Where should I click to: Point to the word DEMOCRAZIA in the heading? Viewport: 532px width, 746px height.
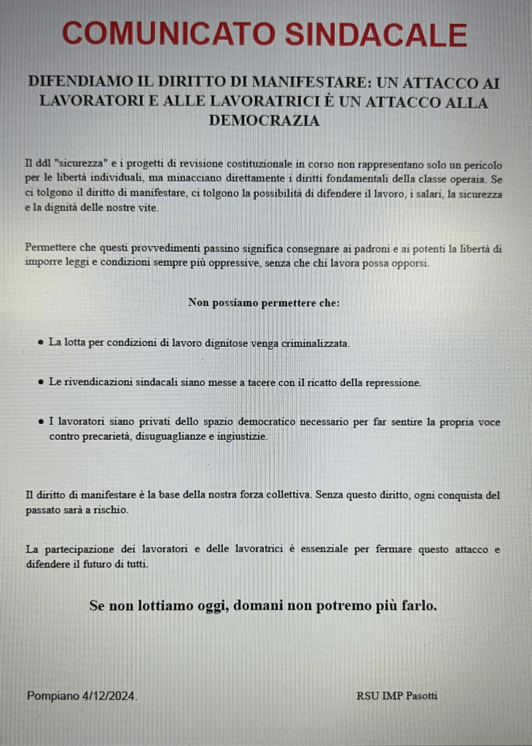[x=264, y=121]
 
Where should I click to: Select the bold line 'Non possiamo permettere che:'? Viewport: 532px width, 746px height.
[x=264, y=302]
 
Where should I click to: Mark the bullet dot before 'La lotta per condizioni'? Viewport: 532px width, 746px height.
[x=41, y=342]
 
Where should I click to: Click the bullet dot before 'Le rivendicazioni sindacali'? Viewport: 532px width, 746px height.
[x=41, y=382]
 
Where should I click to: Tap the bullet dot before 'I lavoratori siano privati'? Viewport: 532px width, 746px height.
[x=41, y=422]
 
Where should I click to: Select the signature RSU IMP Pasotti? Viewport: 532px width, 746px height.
[x=396, y=696]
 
